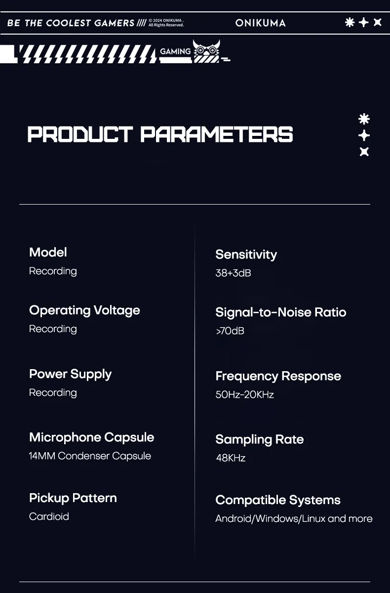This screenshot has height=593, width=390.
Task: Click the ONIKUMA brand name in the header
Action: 261,23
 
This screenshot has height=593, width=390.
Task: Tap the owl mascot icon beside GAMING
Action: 206,51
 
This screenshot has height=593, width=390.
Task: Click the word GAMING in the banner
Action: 175,51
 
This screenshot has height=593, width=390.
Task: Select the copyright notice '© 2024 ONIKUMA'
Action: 166,20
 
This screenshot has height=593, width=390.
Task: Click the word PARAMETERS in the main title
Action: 217,134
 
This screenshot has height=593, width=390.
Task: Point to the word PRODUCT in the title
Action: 80,134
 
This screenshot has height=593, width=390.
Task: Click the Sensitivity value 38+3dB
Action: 233,273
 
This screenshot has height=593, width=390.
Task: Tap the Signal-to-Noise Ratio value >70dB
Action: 230,331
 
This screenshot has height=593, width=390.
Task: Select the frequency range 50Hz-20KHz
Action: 244,394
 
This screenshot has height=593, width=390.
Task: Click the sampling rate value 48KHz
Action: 231,458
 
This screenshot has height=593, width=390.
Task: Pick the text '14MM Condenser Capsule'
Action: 90,456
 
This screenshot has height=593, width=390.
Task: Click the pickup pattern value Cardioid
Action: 49,516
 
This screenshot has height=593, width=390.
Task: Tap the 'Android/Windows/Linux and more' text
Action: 294,518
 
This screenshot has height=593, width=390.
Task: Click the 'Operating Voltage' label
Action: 84,310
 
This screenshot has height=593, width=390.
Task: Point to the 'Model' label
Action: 48,252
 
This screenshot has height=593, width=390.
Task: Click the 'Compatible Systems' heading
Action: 278,500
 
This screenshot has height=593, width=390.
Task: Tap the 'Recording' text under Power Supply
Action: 53,393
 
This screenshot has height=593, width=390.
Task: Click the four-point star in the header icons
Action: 363,23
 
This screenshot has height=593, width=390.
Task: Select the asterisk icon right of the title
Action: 364,119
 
